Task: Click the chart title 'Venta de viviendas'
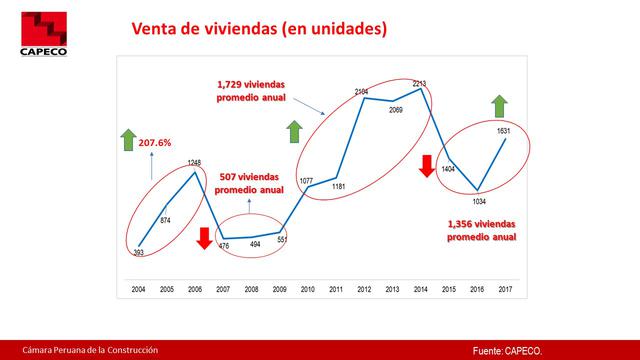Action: point(259,30)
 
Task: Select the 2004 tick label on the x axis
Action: point(139,289)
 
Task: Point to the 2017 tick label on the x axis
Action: point(505,289)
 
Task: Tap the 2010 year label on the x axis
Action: point(308,289)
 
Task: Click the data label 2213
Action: point(421,84)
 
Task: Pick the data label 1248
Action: point(195,163)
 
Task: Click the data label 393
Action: point(140,253)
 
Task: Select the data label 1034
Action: point(478,202)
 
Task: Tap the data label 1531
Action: point(504,130)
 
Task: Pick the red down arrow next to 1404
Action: point(427,166)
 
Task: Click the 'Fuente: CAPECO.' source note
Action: point(508,349)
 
